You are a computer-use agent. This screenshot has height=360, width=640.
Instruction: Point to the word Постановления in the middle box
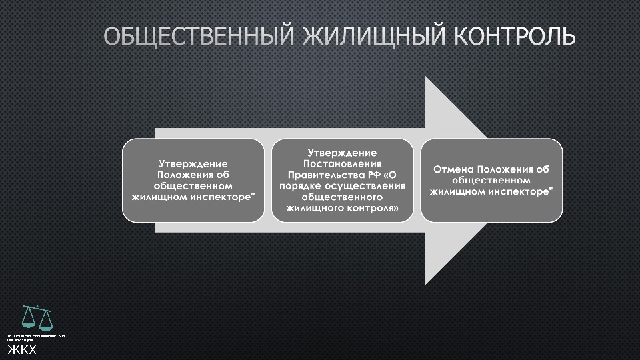point(342,163)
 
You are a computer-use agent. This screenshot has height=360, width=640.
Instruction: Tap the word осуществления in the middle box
point(365,186)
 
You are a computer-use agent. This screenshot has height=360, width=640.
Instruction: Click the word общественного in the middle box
point(342,197)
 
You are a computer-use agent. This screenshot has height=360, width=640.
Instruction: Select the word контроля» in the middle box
point(373,209)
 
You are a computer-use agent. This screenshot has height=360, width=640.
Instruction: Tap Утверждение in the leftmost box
point(193,163)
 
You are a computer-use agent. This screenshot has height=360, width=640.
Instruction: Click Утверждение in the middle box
point(342,153)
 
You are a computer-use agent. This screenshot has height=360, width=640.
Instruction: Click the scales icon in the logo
point(37,318)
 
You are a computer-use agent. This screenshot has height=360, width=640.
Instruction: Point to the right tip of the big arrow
point(490,180)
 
